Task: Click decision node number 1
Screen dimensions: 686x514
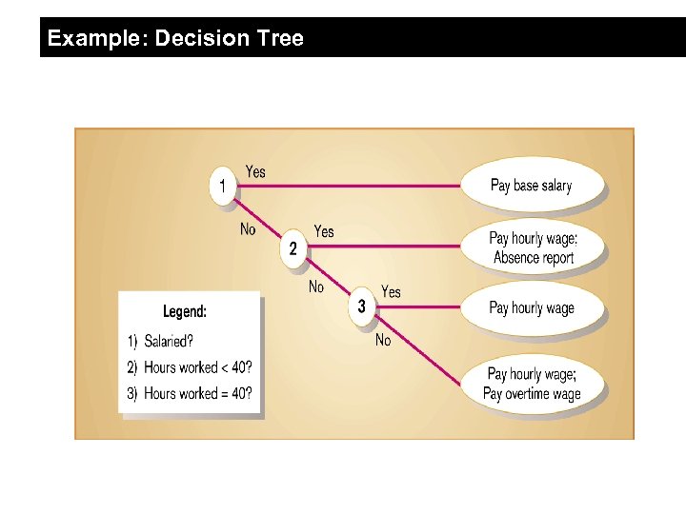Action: click(x=223, y=185)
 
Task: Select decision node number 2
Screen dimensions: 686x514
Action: click(x=293, y=247)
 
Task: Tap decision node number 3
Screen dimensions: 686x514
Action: click(x=361, y=306)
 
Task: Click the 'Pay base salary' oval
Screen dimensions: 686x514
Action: click(x=532, y=185)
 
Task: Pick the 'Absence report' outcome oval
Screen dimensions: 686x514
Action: click(x=533, y=247)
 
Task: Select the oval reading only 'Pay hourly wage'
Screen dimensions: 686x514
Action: click(x=532, y=307)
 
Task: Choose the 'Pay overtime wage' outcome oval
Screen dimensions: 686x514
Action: click(x=532, y=384)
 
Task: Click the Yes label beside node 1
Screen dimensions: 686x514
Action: click(x=255, y=171)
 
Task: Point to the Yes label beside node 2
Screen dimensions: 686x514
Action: click(x=324, y=231)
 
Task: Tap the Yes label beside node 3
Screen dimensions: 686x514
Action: click(x=391, y=291)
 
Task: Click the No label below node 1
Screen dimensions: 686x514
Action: click(x=248, y=228)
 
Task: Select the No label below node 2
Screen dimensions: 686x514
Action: click(x=316, y=287)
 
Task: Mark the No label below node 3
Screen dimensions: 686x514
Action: click(x=383, y=340)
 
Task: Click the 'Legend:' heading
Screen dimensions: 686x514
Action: click(x=185, y=311)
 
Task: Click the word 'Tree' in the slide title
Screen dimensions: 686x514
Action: click(x=279, y=38)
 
